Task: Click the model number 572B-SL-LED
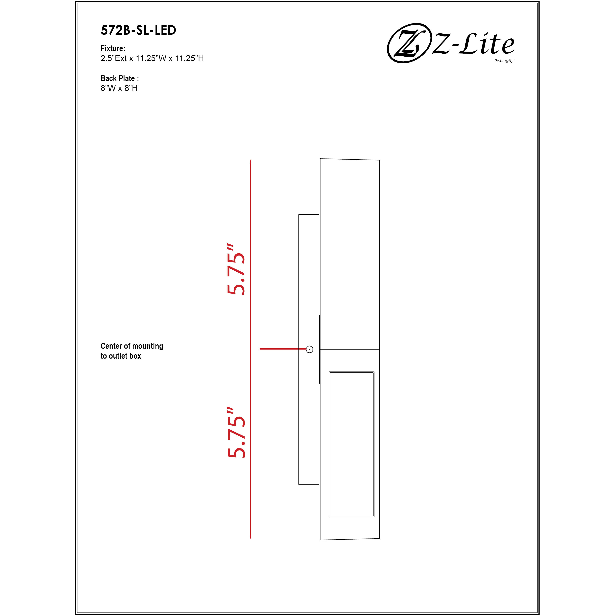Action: pyautogui.click(x=138, y=30)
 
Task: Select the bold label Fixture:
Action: pyautogui.click(x=113, y=48)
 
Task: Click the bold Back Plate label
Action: pyautogui.click(x=119, y=78)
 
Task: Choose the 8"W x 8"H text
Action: pyautogui.click(x=119, y=88)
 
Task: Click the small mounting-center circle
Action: pyautogui.click(x=309, y=349)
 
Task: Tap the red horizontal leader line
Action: pyautogui.click(x=283, y=349)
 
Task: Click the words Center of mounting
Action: pyautogui.click(x=132, y=346)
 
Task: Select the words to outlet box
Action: pyautogui.click(x=121, y=356)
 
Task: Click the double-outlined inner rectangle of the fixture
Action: pyautogui.click(x=352, y=444)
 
